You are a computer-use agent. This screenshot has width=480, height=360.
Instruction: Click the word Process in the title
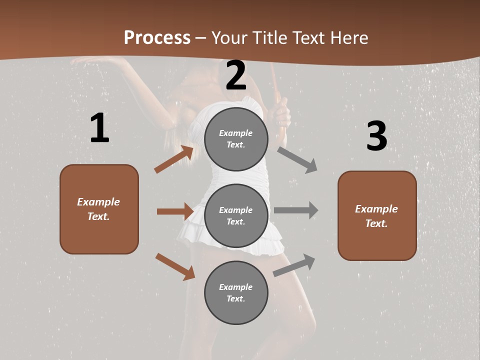click(157, 37)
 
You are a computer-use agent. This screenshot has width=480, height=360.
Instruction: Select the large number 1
click(99, 128)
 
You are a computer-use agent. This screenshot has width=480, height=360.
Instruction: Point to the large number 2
click(236, 75)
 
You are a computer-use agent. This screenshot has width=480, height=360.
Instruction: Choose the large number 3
click(376, 136)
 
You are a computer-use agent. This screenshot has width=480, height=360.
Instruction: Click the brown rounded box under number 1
click(99, 209)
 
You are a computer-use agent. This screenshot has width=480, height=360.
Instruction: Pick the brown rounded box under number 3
click(377, 216)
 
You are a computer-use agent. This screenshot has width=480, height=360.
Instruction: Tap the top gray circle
click(236, 139)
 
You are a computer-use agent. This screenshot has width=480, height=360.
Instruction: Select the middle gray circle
click(236, 215)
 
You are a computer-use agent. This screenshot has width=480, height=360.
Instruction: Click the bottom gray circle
click(236, 292)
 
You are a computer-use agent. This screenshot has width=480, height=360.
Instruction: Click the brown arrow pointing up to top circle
click(173, 159)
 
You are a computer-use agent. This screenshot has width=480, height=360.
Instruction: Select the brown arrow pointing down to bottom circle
click(175, 266)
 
